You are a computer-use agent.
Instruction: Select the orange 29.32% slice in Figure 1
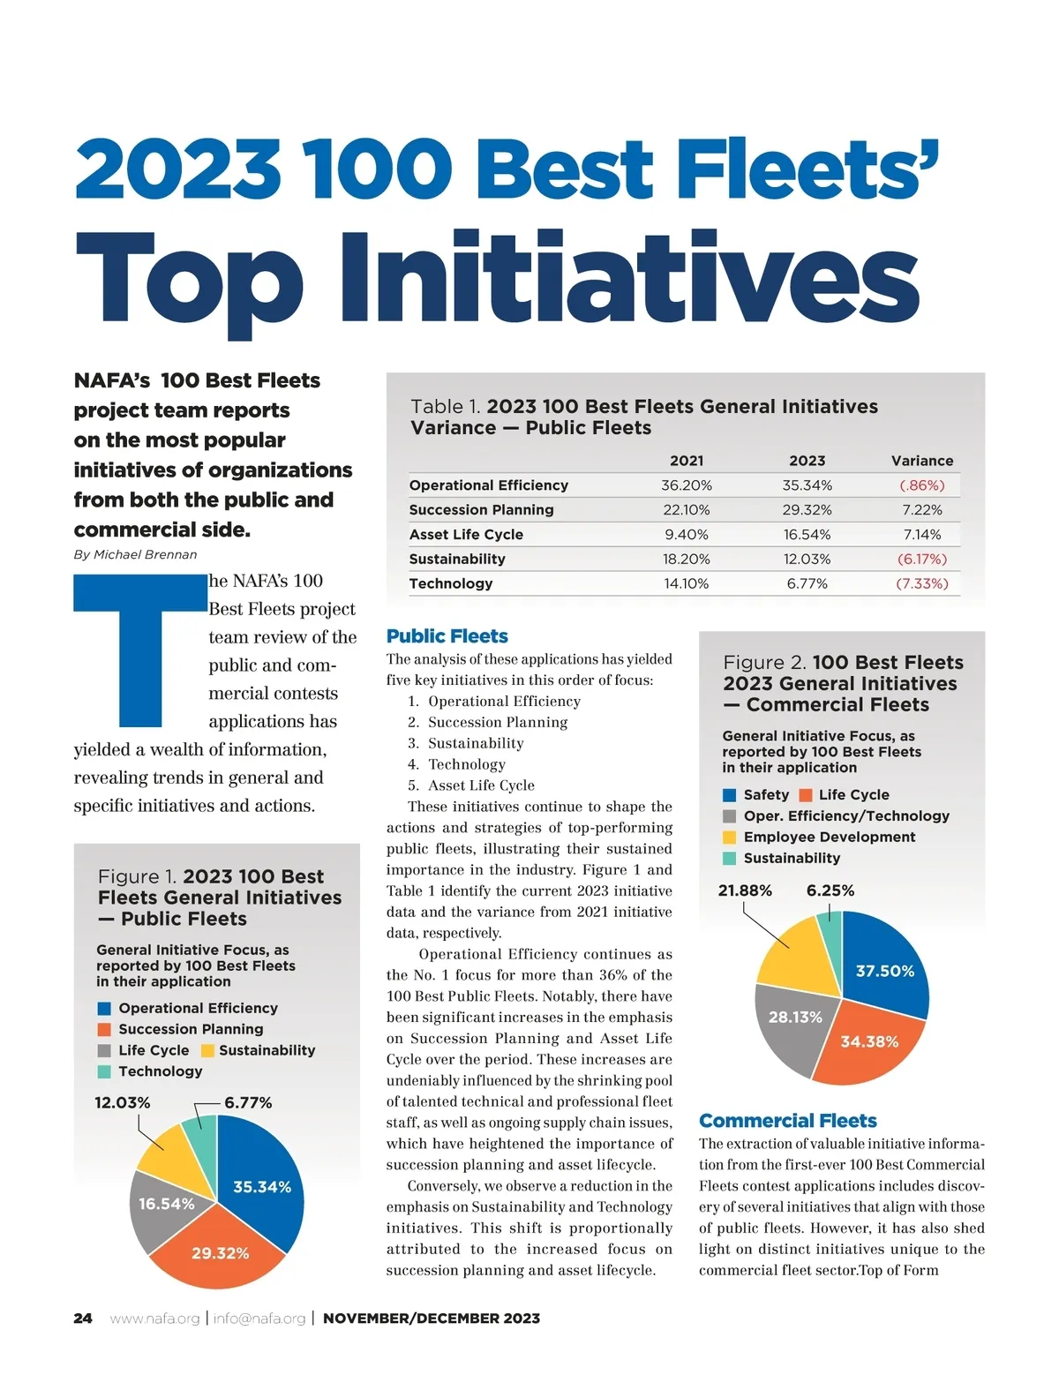tap(220, 1252)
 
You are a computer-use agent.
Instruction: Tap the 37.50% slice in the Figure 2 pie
tap(884, 971)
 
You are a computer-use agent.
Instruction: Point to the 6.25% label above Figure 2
tap(830, 890)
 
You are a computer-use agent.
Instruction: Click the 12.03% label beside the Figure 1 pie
tap(122, 1102)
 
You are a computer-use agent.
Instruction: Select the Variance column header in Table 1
tap(922, 461)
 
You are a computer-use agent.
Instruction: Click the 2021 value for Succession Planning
tap(686, 510)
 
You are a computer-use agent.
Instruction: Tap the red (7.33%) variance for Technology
tap(921, 583)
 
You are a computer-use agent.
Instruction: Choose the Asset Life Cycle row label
tap(466, 535)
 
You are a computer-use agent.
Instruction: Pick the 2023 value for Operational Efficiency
tap(807, 485)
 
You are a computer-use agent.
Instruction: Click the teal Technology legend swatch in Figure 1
tap(104, 1071)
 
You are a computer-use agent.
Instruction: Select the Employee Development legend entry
tap(829, 837)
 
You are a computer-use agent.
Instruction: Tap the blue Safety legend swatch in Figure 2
tap(729, 795)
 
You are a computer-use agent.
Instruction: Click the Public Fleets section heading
tap(447, 636)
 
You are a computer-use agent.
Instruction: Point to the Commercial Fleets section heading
tap(787, 1121)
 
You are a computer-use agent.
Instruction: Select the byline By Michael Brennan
tap(135, 554)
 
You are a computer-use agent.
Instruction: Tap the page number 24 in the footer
tap(82, 1319)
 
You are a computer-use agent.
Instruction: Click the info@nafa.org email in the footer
tap(259, 1319)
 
